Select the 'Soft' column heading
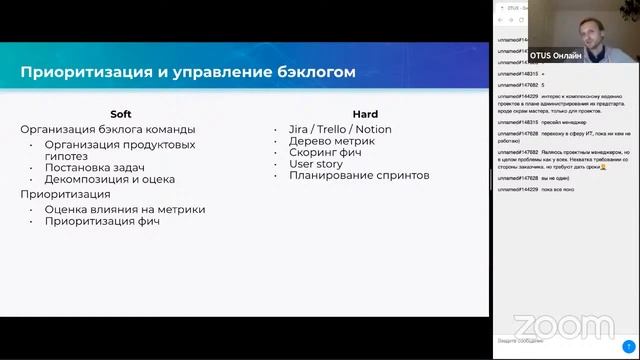click(x=121, y=114)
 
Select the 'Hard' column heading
click(x=365, y=114)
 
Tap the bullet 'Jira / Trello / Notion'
click(x=340, y=129)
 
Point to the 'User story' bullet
click(x=317, y=163)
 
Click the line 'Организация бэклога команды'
click(x=108, y=129)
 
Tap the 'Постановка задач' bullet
click(x=95, y=167)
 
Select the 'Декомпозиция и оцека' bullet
click(x=110, y=179)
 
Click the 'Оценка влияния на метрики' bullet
click(x=125, y=209)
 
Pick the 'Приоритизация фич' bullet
click(x=102, y=221)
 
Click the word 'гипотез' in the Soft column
click(x=66, y=156)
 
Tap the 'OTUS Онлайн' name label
click(x=555, y=56)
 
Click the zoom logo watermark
click(x=563, y=326)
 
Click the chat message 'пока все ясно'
click(x=559, y=189)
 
